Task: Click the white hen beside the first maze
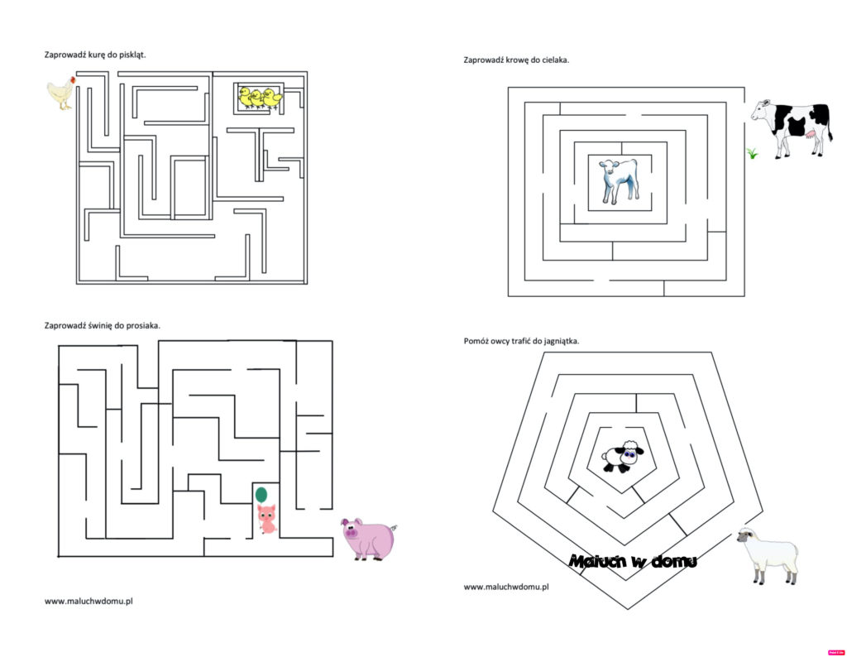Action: click(x=61, y=93)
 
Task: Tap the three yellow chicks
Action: click(x=261, y=98)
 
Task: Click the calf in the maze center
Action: click(x=620, y=181)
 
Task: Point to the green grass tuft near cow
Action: click(x=752, y=153)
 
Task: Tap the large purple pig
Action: click(x=369, y=539)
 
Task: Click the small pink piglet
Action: click(x=267, y=519)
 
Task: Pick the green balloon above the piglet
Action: click(x=261, y=494)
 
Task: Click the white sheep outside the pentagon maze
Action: click(x=768, y=556)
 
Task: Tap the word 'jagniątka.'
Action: click(x=560, y=341)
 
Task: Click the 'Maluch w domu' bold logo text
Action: click(x=633, y=561)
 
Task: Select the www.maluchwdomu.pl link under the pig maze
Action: click(x=89, y=601)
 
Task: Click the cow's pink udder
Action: click(x=811, y=135)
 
